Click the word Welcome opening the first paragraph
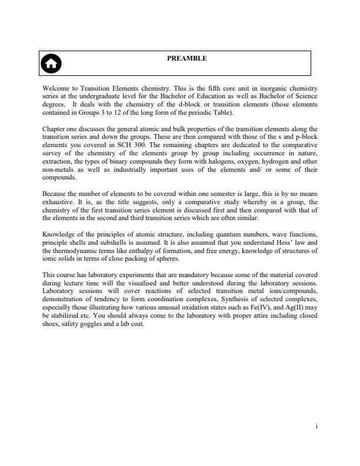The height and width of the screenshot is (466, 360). [x=56, y=88]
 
